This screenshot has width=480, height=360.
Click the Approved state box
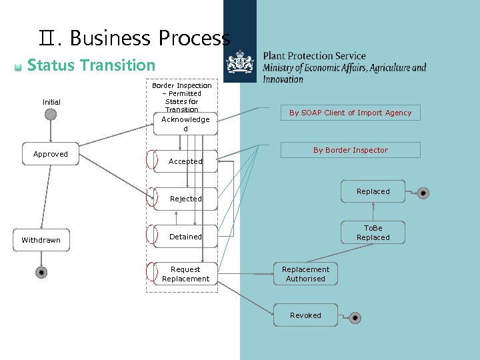click(x=51, y=154)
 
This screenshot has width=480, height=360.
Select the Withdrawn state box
click(x=41, y=240)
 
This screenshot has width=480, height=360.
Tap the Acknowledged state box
click(x=185, y=123)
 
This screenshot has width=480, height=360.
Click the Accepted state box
click(x=185, y=161)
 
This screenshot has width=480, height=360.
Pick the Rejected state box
click(x=185, y=199)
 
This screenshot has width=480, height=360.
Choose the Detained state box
click(x=185, y=237)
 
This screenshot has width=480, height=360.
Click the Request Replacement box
click(x=185, y=274)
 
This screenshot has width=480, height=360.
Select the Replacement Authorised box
click(x=305, y=274)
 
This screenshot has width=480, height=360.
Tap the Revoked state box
click(x=305, y=315)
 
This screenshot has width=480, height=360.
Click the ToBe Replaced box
click(x=373, y=233)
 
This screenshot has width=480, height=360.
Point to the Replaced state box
click(x=373, y=191)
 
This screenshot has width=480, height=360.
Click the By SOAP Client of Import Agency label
click(x=350, y=113)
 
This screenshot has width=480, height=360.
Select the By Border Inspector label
click(x=350, y=150)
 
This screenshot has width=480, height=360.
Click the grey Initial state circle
click(x=51, y=114)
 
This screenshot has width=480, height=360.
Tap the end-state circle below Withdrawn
click(x=41, y=273)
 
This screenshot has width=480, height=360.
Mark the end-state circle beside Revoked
click(x=355, y=318)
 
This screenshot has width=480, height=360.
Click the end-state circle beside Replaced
click(x=423, y=193)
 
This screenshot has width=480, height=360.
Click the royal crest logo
click(x=240, y=65)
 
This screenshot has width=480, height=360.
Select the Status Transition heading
click(x=91, y=65)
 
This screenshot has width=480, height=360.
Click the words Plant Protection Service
click(x=314, y=56)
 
